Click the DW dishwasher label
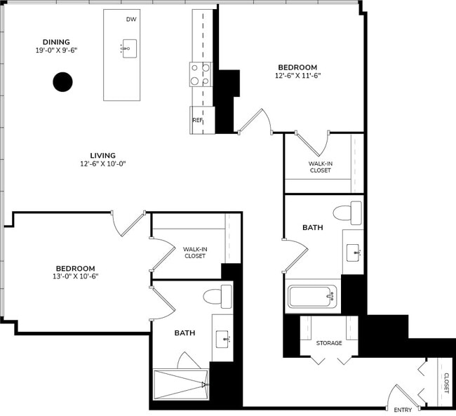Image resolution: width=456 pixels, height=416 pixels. point(131,20)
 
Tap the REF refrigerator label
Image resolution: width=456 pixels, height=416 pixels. point(198,120)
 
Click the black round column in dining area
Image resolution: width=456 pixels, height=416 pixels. point(62,82)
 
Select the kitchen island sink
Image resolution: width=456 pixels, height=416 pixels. point(129,48)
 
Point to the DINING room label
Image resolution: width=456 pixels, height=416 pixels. point(56,42)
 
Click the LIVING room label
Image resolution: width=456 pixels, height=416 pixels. point(102,156)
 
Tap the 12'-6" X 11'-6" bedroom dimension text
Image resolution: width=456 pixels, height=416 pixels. point(297,76)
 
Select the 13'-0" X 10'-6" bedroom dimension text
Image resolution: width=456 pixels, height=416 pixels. point(75,276)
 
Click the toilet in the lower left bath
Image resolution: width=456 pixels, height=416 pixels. point(217,296)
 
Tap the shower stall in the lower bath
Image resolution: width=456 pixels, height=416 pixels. point(181,384)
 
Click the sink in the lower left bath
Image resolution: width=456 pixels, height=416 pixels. point(223,337)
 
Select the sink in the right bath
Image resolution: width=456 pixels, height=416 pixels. point(353,251)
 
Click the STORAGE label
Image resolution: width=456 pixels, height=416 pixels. point(329,343)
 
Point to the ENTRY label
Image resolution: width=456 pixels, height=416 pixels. point(403,410)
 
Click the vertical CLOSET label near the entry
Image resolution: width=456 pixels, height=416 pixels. point(445,382)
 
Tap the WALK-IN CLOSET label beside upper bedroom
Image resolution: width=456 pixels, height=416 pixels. point(320,167)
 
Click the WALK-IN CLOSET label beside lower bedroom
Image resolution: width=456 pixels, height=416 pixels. point(194,253)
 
